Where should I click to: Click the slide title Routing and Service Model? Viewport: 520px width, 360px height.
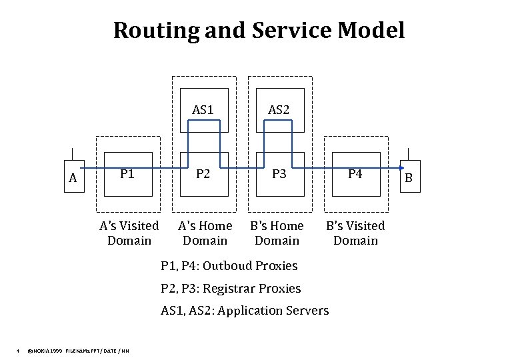pos(259,30)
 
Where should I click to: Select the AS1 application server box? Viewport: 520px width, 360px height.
pos(203,110)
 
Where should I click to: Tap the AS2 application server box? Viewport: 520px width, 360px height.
pos(279,110)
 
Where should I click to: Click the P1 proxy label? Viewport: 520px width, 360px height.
pos(127,174)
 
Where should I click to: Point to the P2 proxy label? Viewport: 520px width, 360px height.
pos(203,174)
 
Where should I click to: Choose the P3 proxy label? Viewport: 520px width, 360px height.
pos(279,174)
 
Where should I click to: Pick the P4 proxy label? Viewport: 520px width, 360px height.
pos(355,174)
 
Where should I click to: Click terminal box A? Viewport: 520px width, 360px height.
pos(73,177)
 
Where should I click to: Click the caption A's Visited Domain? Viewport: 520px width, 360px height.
pos(129,233)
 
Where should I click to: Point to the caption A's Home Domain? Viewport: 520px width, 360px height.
pos(205,233)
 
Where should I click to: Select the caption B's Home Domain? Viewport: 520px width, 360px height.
pos(277,233)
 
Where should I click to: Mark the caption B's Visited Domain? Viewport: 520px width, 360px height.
pos(355,233)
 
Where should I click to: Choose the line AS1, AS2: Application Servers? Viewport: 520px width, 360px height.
pos(245,311)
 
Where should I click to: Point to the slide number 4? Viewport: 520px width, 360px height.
pos(17,351)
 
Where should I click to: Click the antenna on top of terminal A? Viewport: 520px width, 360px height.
pos(73,152)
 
